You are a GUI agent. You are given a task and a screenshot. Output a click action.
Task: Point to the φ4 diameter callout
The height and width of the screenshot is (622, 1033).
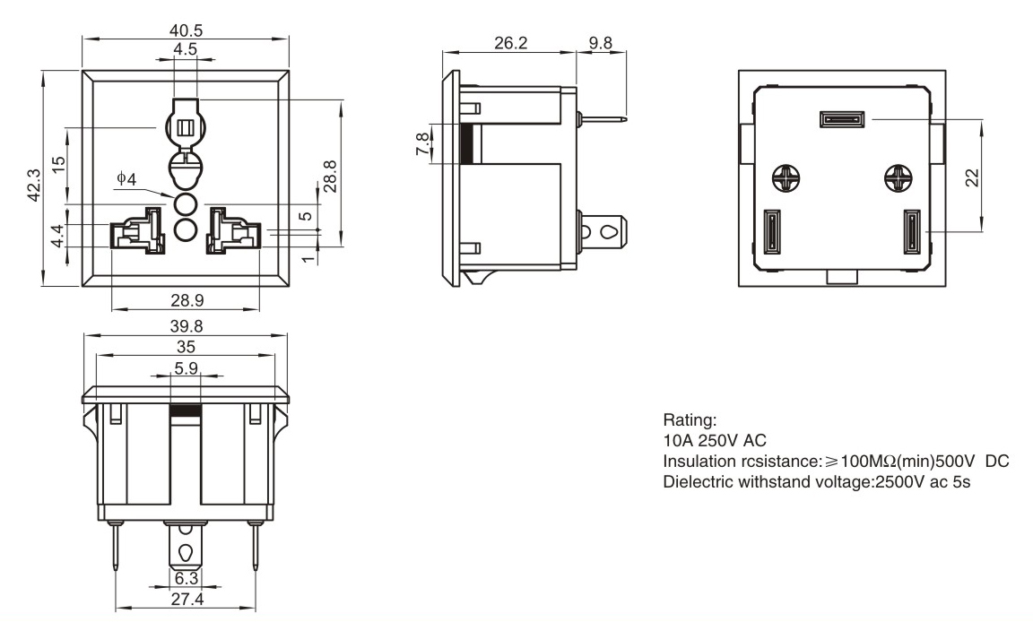(126, 179)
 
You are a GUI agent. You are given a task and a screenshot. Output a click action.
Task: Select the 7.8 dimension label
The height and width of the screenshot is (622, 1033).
(421, 143)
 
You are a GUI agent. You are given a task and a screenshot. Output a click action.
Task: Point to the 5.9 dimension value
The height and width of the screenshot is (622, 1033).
(186, 367)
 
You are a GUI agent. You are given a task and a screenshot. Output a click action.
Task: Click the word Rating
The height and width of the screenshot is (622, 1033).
(687, 419)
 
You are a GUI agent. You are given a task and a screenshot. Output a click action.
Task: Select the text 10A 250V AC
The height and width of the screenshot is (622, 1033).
(715, 439)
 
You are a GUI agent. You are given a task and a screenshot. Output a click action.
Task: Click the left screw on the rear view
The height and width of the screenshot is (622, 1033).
(786, 178)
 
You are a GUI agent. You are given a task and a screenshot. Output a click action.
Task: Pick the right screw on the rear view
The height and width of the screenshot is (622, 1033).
(896, 178)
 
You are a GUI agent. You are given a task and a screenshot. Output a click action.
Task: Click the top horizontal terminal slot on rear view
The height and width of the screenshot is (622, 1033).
(841, 118)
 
